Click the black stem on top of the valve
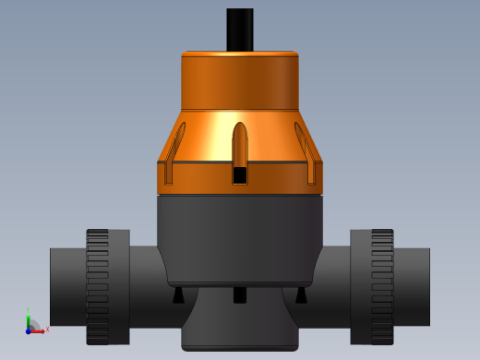pos(240,29)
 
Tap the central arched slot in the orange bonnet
pos(240,148)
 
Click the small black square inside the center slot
pos(240,174)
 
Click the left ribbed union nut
pos(98,286)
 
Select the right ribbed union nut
pos(382,286)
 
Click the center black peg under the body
pos(240,295)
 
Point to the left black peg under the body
pos(178,295)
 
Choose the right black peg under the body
pos(301,295)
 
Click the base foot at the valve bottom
pos(240,328)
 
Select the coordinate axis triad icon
pos(33,324)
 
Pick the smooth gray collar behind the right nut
pos(360,286)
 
